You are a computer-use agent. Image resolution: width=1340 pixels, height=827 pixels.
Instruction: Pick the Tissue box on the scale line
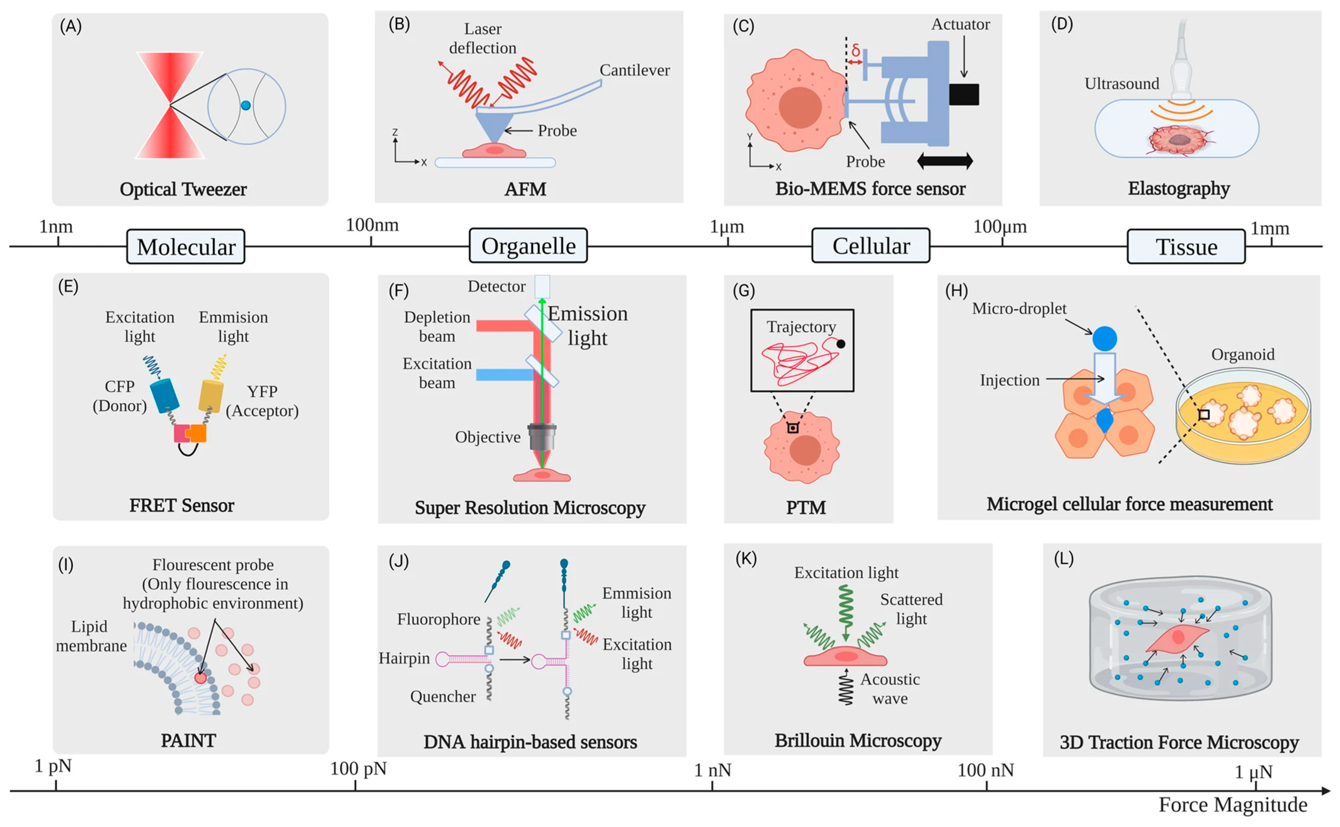click(x=1186, y=247)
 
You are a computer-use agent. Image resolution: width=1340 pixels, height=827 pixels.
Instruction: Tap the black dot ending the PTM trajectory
click(x=841, y=344)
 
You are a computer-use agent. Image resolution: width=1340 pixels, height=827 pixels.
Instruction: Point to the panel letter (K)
click(x=745, y=559)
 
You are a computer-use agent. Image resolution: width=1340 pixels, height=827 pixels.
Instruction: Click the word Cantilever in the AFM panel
click(x=635, y=70)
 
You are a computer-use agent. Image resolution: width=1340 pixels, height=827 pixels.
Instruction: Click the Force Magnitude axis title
click(x=1233, y=804)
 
